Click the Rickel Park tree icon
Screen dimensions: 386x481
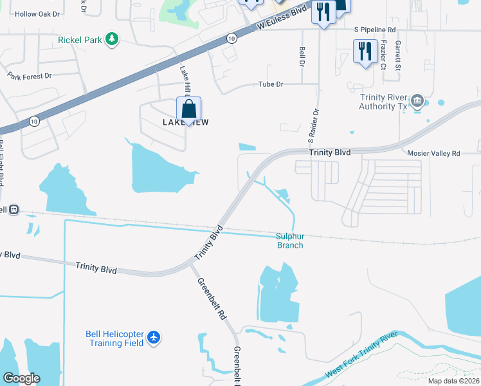coord(113,39)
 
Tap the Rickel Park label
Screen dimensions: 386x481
coord(80,40)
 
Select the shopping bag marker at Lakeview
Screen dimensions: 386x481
coord(188,110)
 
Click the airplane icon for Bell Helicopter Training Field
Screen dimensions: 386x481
coord(153,337)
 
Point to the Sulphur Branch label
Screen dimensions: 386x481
coord(289,241)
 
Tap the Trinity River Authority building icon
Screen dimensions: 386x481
coord(417,100)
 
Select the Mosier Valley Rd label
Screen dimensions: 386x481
coord(434,153)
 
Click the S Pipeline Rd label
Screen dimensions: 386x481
coord(375,30)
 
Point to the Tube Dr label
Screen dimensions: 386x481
coord(270,84)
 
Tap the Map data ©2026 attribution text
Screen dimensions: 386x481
coord(453,381)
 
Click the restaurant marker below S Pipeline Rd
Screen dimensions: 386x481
coord(365,51)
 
